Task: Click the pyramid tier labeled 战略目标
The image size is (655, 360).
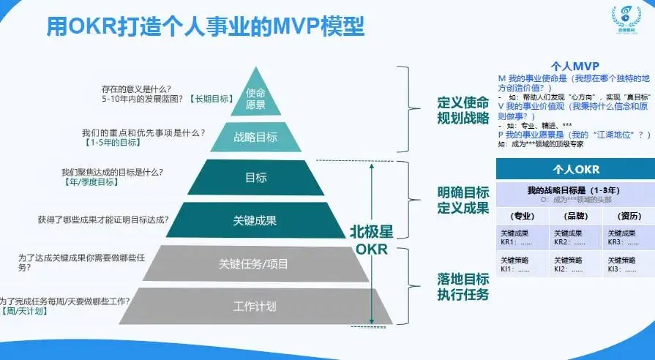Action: (x=255, y=137)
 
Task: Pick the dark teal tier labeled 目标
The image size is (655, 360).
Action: (x=255, y=177)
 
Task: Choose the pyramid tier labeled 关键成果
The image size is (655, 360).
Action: (x=255, y=220)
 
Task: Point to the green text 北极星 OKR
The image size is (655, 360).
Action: (x=371, y=239)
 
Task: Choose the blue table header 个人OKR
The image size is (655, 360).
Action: (x=576, y=169)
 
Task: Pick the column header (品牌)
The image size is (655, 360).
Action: (x=575, y=216)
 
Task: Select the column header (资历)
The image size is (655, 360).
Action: (x=628, y=216)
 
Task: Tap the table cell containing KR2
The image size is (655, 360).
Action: (x=575, y=237)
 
